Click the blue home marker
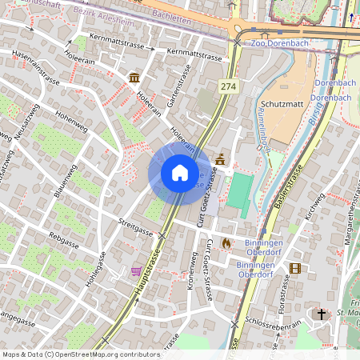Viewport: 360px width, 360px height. point(180,172)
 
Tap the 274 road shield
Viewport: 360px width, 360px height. point(229,86)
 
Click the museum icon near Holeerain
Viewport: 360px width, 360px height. point(134,78)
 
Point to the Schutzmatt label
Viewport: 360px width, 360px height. point(281,104)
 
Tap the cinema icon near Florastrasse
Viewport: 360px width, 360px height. point(295,268)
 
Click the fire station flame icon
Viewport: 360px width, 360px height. point(226,242)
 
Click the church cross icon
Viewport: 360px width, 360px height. point(322,314)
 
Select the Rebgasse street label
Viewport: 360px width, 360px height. point(65,237)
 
